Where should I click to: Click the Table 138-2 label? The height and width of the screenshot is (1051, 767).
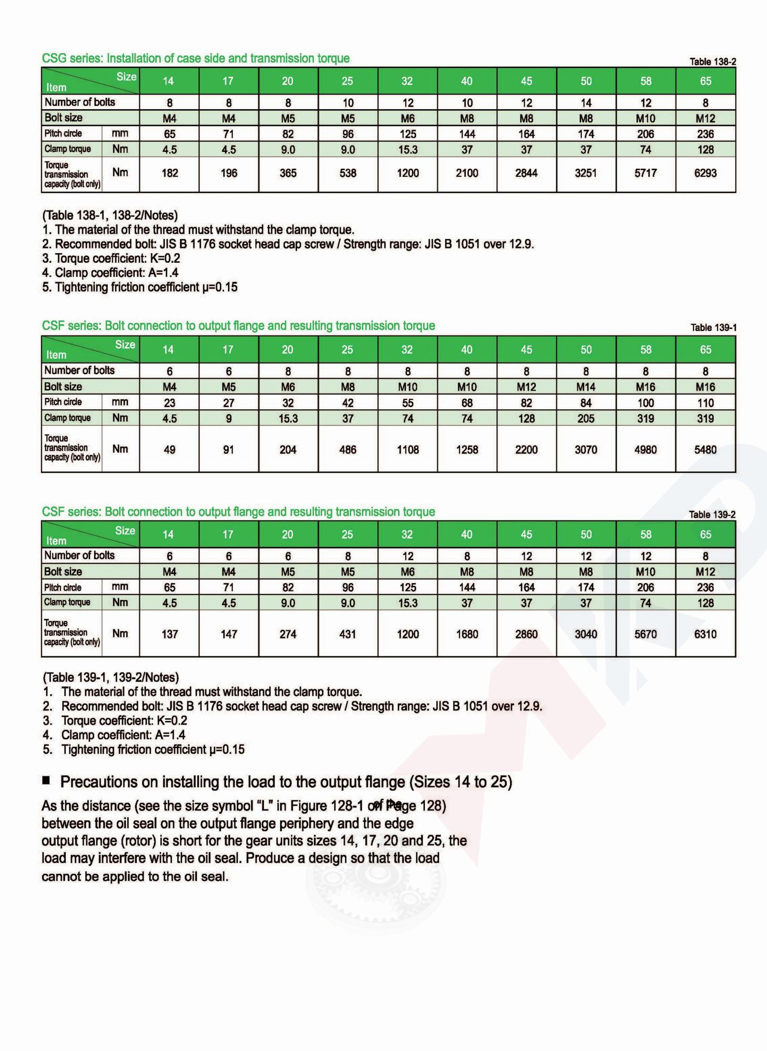click(x=712, y=62)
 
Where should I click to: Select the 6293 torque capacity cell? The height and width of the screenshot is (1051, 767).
click(x=705, y=173)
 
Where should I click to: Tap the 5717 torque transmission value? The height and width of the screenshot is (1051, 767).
click(x=646, y=173)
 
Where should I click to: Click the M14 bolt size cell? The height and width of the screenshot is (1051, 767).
click(x=586, y=387)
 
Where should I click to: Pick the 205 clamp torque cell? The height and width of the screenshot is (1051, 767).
click(x=586, y=418)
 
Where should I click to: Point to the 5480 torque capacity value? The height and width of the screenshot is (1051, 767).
click(x=705, y=450)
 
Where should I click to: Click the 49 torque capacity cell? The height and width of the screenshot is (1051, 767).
click(x=169, y=450)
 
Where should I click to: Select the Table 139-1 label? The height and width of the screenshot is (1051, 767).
click(x=713, y=328)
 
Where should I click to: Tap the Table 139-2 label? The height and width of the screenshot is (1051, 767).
click(x=712, y=514)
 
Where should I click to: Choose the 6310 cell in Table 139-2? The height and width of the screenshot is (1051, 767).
click(x=705, y=634)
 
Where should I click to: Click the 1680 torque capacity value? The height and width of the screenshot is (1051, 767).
click(x=467, y=634)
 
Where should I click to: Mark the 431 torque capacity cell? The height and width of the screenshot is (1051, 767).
click(x=347, y=634)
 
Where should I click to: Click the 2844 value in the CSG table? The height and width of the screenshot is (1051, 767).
click(x=526, y=173)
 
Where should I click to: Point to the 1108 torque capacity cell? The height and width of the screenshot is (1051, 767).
click(x=407, y=450)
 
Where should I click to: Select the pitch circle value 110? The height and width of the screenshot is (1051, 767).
click(x=705, y=403)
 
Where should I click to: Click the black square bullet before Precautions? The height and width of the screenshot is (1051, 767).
click(x=46, y=780)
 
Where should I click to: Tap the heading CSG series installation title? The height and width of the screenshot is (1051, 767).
click(x=196, y=58)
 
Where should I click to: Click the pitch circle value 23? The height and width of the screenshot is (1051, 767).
click(x=169, y=403)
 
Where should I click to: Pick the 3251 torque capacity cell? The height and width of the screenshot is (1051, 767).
click(x=586, y=173)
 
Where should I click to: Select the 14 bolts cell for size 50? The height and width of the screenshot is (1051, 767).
click(x=586, y=103)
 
